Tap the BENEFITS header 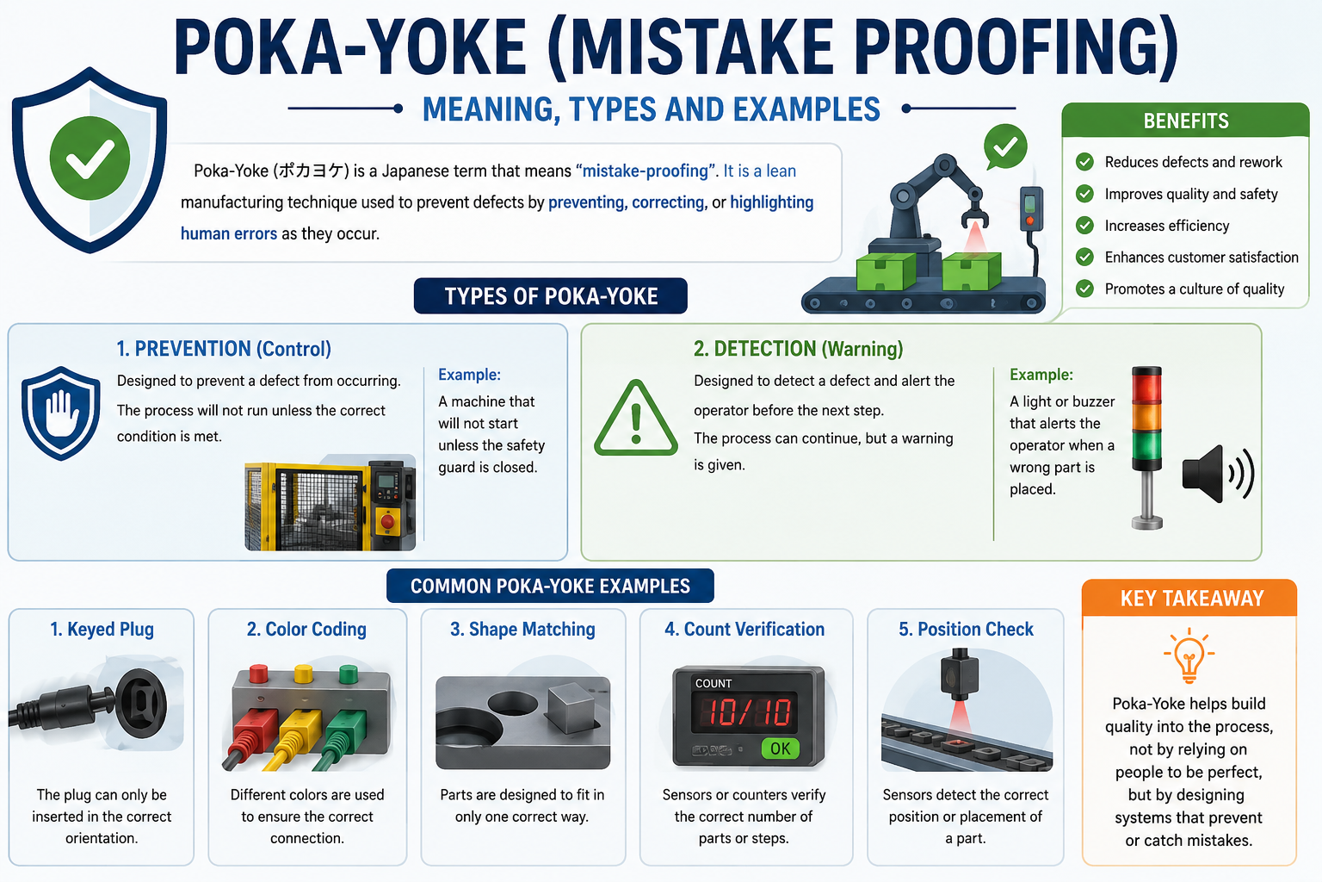(x=1186, y=121)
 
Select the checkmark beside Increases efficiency (x=1084, y=225)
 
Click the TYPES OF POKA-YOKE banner (x=551, y=296)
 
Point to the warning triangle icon (x=636, y=419)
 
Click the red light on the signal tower (x=1146, y=387)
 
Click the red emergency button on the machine (x=388, y=522)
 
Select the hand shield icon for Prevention (x=60, y=413)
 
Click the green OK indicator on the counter (x=781, y=748)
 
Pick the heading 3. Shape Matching (x=522, y=629)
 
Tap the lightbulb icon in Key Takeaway (x=1189, y=655)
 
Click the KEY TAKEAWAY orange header (x=1189, y=598)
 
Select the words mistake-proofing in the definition (x=645, y=171)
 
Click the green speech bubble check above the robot (x=1005, y=146)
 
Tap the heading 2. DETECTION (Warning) (x=798, y=349)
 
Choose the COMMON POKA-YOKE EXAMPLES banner (x=550, y=586)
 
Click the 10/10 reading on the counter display (x=744, y=711)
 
